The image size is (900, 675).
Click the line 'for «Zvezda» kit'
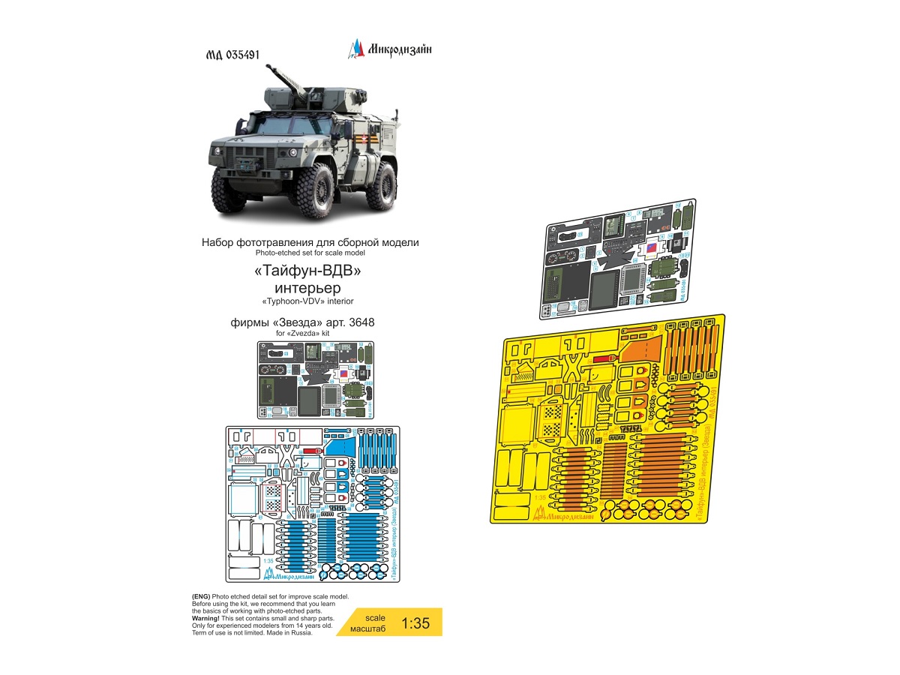[310, 332]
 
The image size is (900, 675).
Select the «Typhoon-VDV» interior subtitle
[310, 301]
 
